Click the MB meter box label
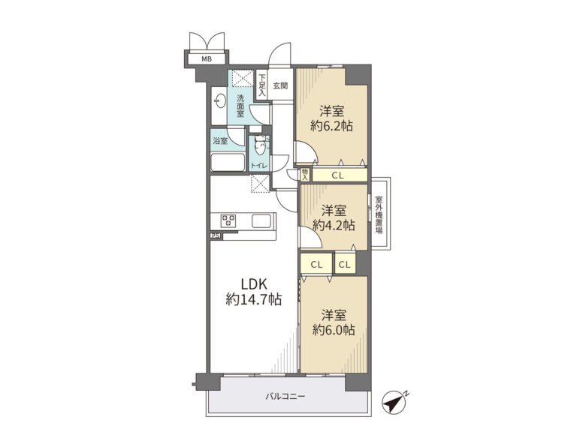[207, 58]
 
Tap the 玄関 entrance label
[280, 86]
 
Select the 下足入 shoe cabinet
[261, 85]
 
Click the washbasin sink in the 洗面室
[220, 101]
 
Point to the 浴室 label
[220, 141]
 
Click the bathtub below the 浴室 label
[228, 162]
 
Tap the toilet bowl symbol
[260, 147]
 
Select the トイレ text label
[259, 166]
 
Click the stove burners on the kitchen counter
[228, 220]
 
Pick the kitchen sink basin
[261, 221]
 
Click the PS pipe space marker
[216, 236]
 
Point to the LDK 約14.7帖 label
[253, 292]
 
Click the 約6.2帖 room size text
[332, 126]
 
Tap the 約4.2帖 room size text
[334, 225]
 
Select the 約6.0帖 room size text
[334, 330]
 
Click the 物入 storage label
[305, 175]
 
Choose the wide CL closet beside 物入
[340, 175]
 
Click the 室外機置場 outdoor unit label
[379, 215]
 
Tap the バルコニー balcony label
[285, 397]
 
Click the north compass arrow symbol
[394, 402]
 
